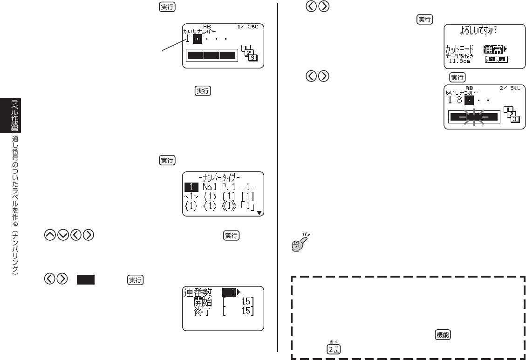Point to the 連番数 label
(x=198, y=293)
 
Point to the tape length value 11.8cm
(x=459, y=61)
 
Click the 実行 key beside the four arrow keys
(x=232, y=236)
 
